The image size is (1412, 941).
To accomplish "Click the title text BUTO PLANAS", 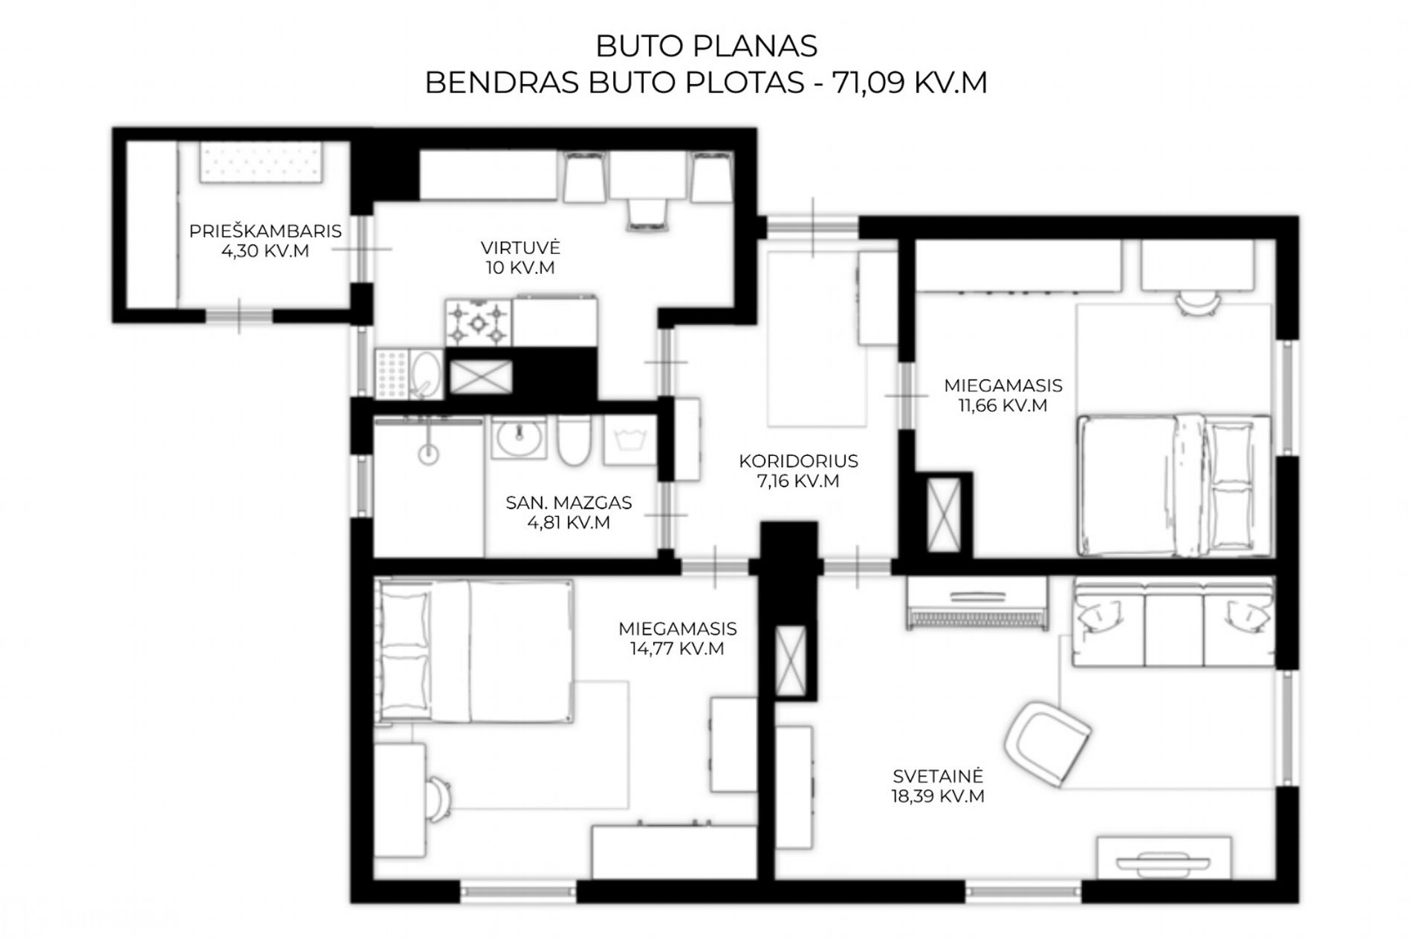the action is coord(706,46).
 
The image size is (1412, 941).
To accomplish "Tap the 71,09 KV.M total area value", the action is coord(910,82).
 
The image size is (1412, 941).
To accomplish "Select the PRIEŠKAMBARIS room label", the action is coord(265,231).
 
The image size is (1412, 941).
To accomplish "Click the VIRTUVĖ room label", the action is coord(520,247).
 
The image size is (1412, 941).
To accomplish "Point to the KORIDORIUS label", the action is coord(798,461).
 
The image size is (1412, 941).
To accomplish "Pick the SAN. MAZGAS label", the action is coord(569,503).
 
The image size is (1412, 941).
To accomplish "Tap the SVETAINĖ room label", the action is coord(938,776).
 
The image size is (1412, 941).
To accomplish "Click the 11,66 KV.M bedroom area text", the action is coord(1003,406).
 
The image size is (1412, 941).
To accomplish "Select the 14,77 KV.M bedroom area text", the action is coord(677,648).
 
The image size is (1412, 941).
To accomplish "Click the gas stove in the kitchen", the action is coord(479,322).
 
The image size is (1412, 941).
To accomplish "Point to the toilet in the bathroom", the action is coord(574,440).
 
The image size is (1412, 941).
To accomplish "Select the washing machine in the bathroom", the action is coord(629,440).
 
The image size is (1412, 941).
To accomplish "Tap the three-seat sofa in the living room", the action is coord(1173,623).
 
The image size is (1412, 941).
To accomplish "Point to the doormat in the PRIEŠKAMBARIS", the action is coord(261,163).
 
